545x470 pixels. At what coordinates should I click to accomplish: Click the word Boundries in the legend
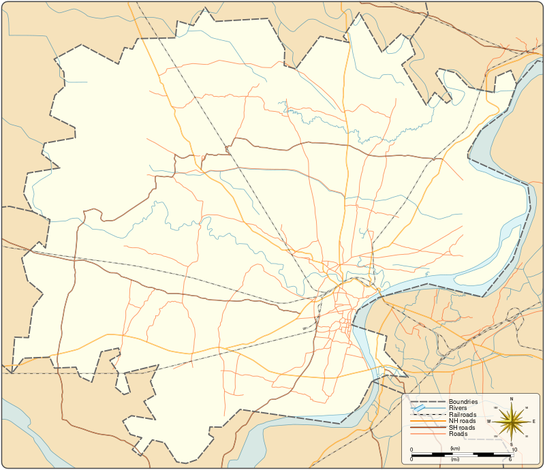click(463, 402)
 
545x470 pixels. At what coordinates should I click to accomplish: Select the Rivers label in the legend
click(458, 408)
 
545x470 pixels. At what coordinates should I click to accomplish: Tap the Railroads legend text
click(463, 415)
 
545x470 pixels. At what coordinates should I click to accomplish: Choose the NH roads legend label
click(462, 421)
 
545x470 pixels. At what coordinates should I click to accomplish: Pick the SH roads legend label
click(462, 427)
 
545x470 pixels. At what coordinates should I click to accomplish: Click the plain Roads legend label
click(458, 433)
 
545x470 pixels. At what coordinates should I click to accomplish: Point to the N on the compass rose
click(512, 398)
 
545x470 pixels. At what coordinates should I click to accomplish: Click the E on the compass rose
click(534, 422)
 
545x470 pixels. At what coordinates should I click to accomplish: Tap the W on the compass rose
click(489, 422)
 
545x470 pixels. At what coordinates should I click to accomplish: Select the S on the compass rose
click(512, 444)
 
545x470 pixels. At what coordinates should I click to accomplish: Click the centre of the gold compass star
click(512, 422)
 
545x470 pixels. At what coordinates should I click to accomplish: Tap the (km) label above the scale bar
click(456, 449)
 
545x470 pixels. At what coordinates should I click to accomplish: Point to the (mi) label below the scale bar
click(456, 460)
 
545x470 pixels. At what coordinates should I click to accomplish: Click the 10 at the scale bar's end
click(514, 450)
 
